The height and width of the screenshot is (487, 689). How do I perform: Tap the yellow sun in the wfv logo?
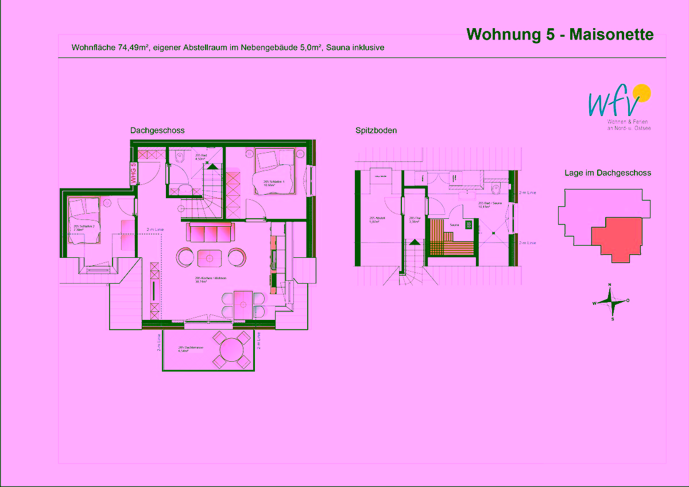(641, 92)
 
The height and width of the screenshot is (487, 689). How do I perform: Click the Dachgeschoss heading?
(157, 130)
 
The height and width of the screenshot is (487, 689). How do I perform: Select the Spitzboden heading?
(376, 130)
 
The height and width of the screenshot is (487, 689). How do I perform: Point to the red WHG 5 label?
(133, 173)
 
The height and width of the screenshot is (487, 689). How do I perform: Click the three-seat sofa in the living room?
(210, 233)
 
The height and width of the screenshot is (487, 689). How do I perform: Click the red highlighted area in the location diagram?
(617, 238)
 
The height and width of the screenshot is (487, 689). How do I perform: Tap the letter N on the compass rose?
(610, 285)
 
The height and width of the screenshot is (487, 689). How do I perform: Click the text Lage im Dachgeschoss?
(607, 172)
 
